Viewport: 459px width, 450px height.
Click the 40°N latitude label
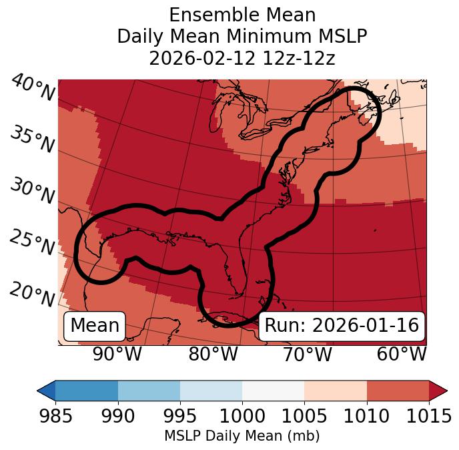[32, 89]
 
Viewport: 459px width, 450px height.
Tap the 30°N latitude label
[32, 192]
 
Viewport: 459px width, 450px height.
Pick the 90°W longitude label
[117, 354]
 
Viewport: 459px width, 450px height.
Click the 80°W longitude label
[213, 354]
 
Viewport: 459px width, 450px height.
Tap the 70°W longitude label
[307, 354]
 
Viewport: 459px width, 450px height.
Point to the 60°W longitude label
[402, 354]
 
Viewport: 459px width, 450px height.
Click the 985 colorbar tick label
[55, 416]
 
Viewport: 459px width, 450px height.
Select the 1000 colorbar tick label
[242, 416]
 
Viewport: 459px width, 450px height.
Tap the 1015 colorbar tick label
[428, 416]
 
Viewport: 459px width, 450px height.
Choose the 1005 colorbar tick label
[304, 416]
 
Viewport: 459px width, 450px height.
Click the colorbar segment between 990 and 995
[149, 390]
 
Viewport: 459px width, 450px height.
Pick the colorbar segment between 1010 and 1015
[398, 390]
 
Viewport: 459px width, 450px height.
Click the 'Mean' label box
[95, 326]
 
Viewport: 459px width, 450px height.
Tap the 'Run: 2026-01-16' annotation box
[342, 326]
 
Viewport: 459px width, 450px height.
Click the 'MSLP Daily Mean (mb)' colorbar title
[242, 436]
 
